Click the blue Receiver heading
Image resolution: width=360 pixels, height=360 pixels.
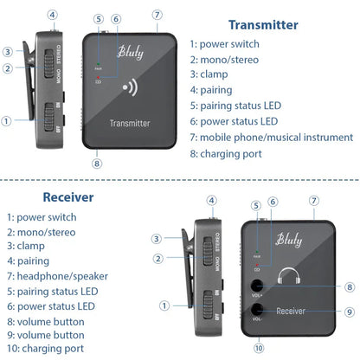[x=44, y=196]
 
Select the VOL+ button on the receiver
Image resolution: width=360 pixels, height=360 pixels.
[x=257, y=287]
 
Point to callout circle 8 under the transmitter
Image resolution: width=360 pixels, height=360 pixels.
[x=97, y=162]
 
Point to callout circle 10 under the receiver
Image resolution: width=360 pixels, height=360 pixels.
[x=259, y=348]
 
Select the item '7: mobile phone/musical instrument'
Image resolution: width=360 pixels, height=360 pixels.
[x=271, y=138]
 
